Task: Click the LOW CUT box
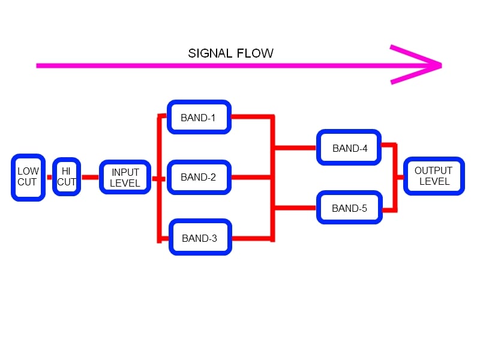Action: tap(28, 178)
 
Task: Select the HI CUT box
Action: tap(67, 176)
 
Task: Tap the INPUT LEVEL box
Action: tap(125, 177)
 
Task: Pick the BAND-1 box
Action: tap(199, 117)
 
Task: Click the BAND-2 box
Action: tap(199, 177)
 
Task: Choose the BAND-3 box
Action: tap(200, 237)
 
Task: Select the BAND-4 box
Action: tap(349, 148)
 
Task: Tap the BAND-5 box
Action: tap(349, 208)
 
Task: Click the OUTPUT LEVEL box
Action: tap(434, 176)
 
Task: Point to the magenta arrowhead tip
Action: tap(442, 65)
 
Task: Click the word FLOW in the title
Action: tap(255, 53)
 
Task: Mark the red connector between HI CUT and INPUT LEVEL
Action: tap(91, 177)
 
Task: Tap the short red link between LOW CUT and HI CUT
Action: tap(49, 177)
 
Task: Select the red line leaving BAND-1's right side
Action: tap(251, 116)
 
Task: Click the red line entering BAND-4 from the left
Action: tap(295, 148)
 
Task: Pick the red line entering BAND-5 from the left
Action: tap(295, 208)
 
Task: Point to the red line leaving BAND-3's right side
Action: tap(251, 238)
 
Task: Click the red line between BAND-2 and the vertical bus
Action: tap(251, 177)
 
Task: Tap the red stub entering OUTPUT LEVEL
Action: tap(400, 177)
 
